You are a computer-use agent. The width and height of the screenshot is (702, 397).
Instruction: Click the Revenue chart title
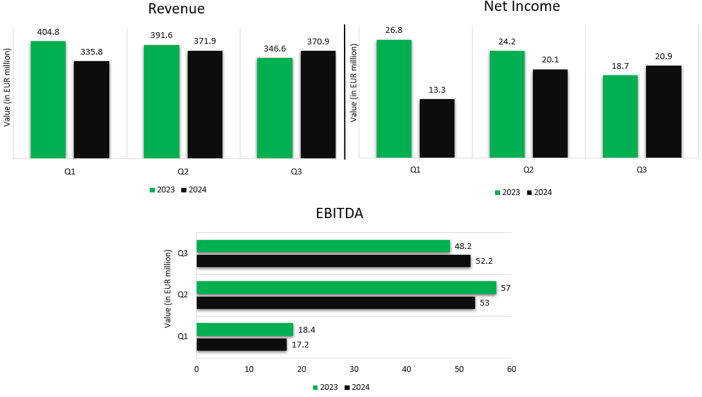[176, 9]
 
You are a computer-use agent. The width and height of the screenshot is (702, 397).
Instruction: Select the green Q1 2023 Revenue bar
[48, 100]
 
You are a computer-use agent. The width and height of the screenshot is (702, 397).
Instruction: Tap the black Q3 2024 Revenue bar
[318, 104]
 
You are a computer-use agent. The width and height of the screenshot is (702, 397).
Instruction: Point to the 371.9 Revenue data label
[204, 41]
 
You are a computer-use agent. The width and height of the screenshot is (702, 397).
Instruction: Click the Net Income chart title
[521, 7]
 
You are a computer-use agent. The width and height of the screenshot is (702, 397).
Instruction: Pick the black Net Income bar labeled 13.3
[437, 128]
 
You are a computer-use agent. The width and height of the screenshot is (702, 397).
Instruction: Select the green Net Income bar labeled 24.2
[507, 104]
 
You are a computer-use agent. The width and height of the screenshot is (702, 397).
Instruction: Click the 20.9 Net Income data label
[663, 56]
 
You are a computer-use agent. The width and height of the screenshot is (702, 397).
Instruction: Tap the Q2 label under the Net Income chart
[528, 170]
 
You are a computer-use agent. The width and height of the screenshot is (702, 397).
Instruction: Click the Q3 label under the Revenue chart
[296, 172]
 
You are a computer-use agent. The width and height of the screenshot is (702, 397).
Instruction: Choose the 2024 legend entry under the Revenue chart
[194, 190]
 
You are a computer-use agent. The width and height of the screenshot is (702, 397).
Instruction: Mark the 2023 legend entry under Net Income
[507, 192]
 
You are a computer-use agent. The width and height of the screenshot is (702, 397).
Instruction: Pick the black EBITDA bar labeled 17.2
[241, 345]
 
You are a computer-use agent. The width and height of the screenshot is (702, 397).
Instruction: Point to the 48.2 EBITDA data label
[463, 246]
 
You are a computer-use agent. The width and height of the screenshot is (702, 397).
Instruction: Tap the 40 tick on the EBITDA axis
[406, 369]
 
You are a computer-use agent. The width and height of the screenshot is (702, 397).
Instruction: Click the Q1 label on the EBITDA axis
[183, 337]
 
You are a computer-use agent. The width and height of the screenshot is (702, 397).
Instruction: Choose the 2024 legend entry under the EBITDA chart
[357, 387]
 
